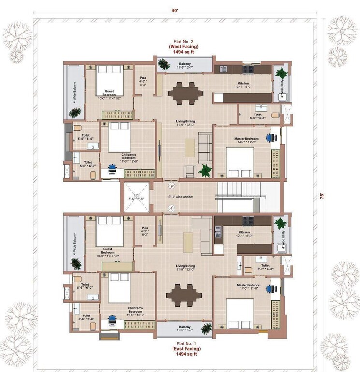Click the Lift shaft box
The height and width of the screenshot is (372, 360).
click(136, 197)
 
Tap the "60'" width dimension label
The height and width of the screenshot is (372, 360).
click(180, 9)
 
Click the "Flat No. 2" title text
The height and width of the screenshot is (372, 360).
click(183, 42)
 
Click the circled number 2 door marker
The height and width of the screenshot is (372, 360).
click(171, 185)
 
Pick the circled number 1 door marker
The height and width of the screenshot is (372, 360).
click(171, 208)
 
